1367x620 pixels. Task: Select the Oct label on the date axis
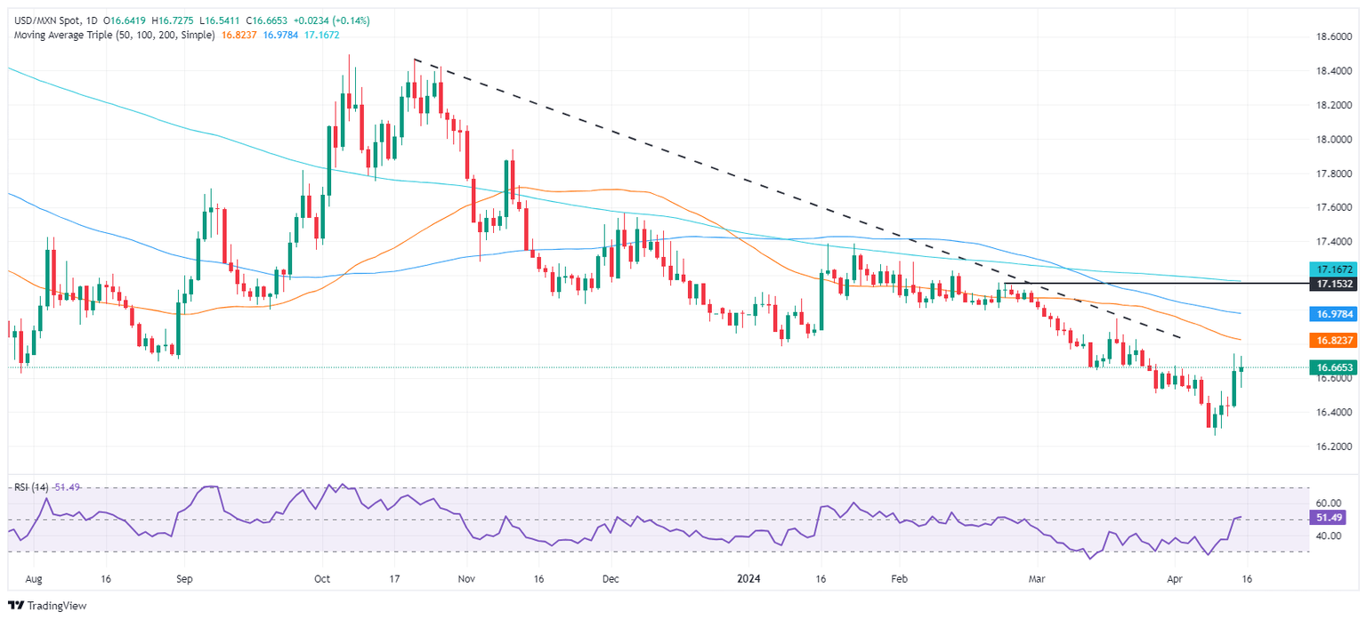(x=322, y=577)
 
